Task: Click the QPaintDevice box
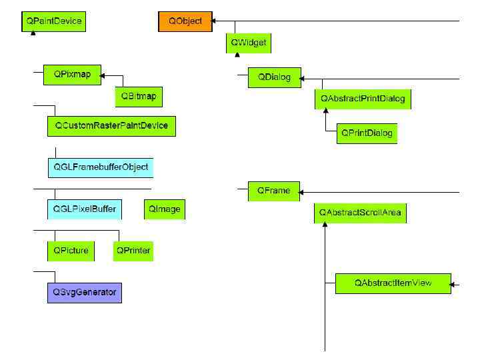54,21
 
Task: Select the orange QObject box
185,21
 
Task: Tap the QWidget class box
249,43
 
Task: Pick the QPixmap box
72,74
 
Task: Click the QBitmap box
139,96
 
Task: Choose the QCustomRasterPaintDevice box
111,125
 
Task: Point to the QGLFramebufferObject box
101,167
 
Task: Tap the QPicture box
71,251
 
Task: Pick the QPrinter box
133,251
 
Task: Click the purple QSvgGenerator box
85,292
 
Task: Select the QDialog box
274,77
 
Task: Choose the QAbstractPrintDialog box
363,99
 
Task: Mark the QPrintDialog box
367,133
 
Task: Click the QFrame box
274,191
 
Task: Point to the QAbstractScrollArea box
360,213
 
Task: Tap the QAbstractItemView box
393,283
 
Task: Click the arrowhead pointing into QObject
215,21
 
